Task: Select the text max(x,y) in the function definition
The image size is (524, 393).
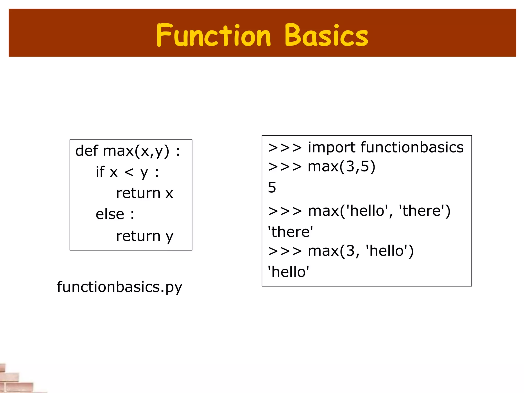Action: [x=136, y=151]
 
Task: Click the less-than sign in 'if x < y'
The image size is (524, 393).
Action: [x=129, y=172]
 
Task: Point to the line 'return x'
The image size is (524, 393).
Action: [x=145, y=193]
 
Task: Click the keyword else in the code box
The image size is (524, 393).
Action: [x=110, y=214]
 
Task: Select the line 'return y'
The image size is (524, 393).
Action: [x=145, y=236]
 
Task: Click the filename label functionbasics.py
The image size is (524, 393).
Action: [x=119, y=287]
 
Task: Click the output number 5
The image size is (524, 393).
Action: [x=272, y=187]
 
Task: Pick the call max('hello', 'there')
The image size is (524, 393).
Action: [x=379, y=211]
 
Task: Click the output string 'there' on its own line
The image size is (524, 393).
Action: [x=290, y=232]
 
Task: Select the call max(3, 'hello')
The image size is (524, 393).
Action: [x=361, y=251]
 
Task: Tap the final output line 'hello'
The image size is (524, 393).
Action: [x=288, y=272]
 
